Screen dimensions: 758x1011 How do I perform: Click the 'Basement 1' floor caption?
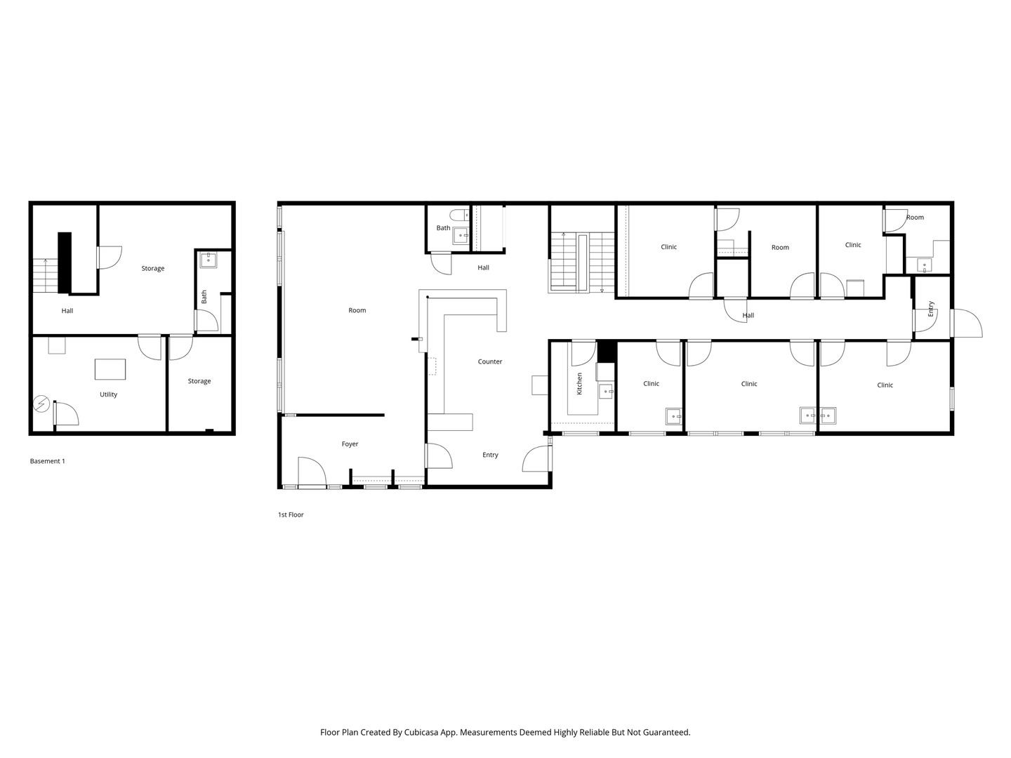click(47, 461)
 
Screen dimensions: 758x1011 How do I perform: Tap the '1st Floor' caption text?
click(291, 514)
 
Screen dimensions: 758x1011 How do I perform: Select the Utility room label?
click(108, 394)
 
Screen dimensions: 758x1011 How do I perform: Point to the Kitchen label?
click(579, 383)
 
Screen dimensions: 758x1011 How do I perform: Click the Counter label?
click(490, 361)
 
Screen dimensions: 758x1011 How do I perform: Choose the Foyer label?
click(350, 444)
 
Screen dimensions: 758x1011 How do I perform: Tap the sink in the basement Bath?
click(208, 260)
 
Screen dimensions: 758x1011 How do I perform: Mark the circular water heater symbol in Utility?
click(41, 404)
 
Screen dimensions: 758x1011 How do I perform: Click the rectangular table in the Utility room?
click(110, 369)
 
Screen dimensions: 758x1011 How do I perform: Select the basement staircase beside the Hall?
click(45, 276)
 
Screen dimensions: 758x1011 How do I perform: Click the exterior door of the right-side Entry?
click(967, 324)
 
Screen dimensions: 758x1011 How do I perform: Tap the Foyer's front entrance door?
click(312, 472)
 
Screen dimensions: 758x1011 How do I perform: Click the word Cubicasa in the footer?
click(424, 732)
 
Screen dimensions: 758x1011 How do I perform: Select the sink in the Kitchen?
click(604, 391)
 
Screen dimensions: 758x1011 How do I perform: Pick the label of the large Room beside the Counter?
click(357, 310)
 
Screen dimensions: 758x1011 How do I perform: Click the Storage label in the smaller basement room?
click(199, 381)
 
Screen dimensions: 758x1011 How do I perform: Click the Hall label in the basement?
click(67, 310)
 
